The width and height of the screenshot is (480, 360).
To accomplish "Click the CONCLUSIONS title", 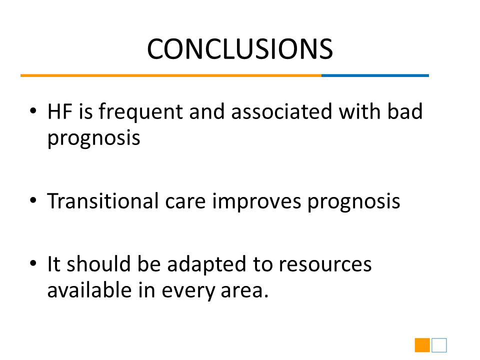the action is coord(240,49).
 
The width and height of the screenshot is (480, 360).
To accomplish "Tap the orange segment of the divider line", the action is coord(171,75).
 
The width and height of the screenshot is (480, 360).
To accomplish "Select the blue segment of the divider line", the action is coord(375,75).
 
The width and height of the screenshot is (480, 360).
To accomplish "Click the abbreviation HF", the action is coord(59,111).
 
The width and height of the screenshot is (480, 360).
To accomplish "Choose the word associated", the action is coord(281,111).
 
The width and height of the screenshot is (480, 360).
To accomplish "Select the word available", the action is coord(89,290).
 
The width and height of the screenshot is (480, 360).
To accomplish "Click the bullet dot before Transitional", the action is coord(33,200).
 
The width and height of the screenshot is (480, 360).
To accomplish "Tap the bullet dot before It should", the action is coord(33,263).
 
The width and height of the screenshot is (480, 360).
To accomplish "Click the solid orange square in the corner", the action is coord(422,345).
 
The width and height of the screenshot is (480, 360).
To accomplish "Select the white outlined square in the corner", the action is coord(439,338).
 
